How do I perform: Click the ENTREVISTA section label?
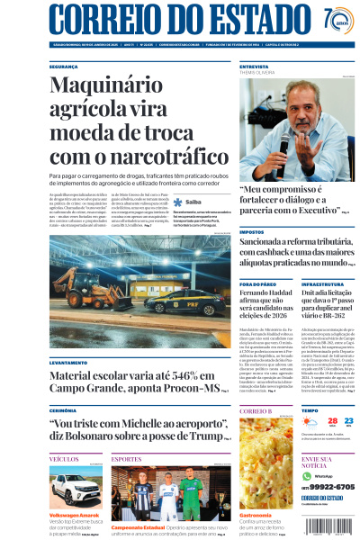255,67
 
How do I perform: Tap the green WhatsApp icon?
306,475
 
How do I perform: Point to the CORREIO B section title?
256,410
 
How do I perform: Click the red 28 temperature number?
332,421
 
